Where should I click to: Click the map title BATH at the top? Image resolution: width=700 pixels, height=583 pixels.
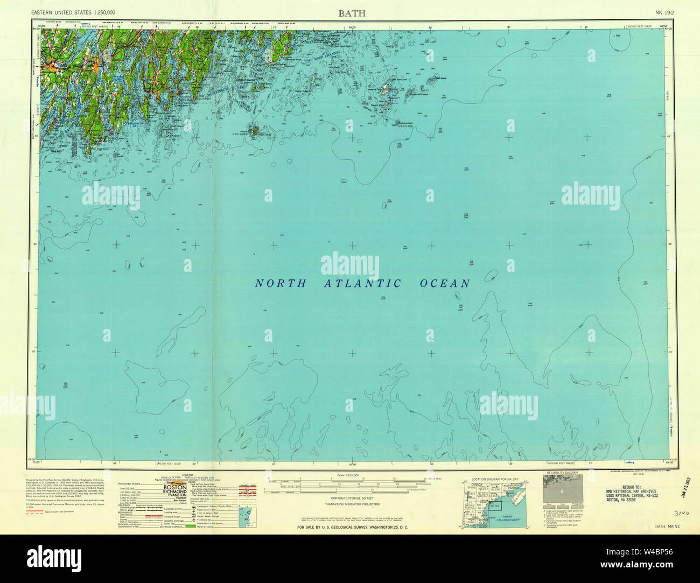pyautogui.click(x=352, y=13)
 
